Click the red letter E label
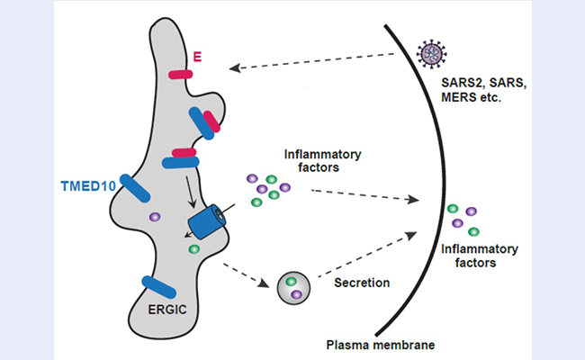[x=197, y=58]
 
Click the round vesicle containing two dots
[x=295, y=289]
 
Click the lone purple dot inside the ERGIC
[x=155, y=217]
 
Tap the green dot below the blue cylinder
[x=194, y=248]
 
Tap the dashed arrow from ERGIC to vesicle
[x=246, y=269]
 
